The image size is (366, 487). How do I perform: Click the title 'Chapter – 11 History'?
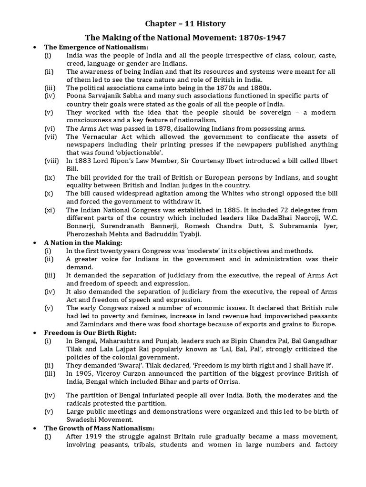coord(185,23)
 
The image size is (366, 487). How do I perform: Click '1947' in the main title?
coord(274,37)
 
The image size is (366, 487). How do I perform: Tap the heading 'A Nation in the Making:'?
coord(83,243)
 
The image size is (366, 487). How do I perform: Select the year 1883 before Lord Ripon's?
coord(84,161)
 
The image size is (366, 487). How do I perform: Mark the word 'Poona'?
coord(76,96)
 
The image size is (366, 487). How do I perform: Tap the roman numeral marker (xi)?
coord(49,210)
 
